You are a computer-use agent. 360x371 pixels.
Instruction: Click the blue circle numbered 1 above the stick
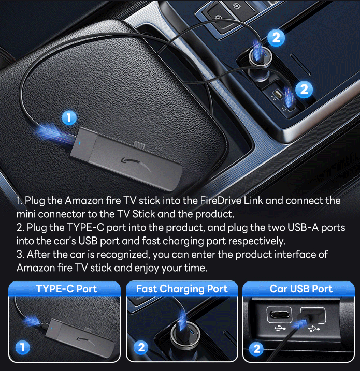(x=69, y=117)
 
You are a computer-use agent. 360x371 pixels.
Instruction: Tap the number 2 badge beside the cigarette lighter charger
(x=276, y=38)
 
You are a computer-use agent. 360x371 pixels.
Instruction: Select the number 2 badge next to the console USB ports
(x=304, y=90)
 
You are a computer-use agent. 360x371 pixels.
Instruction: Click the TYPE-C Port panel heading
(x=66, y=289)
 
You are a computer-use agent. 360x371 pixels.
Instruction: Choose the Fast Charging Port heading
(x=182, y=289)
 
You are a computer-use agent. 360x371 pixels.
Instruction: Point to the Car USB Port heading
(x=301, y=289)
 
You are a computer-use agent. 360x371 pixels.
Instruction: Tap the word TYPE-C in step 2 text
(x=85, y=227)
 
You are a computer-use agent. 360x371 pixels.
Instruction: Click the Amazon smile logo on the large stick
(x=136, y=164)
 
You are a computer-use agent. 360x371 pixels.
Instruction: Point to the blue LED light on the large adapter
(x=80, y=143)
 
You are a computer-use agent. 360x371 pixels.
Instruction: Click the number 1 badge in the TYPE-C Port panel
(x=22, y=348)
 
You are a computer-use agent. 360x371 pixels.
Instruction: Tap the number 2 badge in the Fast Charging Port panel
(x=141, y=348)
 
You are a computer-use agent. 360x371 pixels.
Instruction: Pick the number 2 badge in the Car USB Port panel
(x=257, y=349)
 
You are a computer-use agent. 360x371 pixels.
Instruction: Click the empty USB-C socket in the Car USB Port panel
(x=280, y=315)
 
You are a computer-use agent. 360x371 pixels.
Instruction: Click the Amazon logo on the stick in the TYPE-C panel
(x=84, y=340)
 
